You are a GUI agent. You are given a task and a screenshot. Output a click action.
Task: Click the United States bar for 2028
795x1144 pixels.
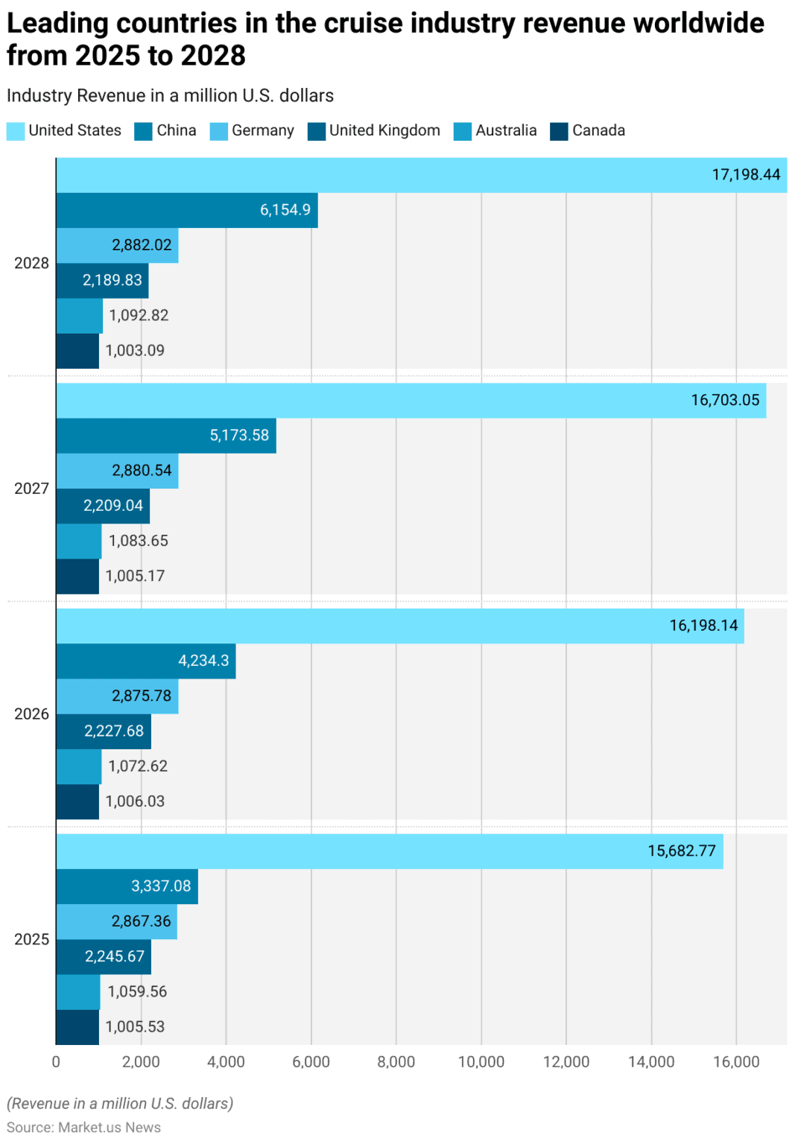pyautogui.click(x=421, y=175)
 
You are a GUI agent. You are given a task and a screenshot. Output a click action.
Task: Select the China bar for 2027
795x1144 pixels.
pyautogui.click(x=165, y=436)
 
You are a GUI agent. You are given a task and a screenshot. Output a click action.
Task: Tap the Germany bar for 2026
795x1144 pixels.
pyautogui.click(x=117, y=696)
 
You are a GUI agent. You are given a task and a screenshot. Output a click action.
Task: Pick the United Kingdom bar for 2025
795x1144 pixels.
pyautogui.click(x=104, y=957)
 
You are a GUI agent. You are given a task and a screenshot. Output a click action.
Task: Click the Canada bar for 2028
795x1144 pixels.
pyautogui.click(x=77, y=351)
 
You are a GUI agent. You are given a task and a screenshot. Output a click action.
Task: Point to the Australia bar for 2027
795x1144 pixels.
pyautogui.click(x=79, y=541)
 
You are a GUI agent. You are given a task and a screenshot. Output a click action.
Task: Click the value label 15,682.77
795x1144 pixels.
pyautogui.click(x=681, y=851)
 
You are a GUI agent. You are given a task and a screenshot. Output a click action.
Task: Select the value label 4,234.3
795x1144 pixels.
pyautogui.click(x=203, y=661)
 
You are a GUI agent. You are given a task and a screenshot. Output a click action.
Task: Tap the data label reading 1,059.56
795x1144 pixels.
pyautogui.click(x=137, y=992)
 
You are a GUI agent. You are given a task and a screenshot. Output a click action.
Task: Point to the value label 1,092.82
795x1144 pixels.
pyautogui.click(x=139, y=316)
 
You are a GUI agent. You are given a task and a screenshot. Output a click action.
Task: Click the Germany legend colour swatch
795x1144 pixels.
pyautogui.click(x=219, y=132)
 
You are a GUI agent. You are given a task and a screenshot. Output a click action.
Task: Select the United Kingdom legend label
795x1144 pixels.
pyautogui.click(x=384, y=131)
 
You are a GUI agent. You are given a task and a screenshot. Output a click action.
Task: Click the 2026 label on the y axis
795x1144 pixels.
pyautogui.click(x=31, y=714)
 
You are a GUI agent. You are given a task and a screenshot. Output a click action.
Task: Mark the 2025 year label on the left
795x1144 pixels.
pyautogui.click(x=31, y=940)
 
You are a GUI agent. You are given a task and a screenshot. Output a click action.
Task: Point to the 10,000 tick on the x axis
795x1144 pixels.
pyautogui.click(x=481, y=1062)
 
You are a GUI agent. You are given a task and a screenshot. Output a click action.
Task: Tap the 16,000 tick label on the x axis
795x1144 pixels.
pyautogui.click(x=736, y=1062)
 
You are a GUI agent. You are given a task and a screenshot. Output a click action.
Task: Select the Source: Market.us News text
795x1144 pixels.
pyautogui.click(x=83, y=1128)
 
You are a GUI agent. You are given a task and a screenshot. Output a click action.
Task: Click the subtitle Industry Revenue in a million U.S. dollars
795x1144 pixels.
pyautogui.click(x=170, y=96)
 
